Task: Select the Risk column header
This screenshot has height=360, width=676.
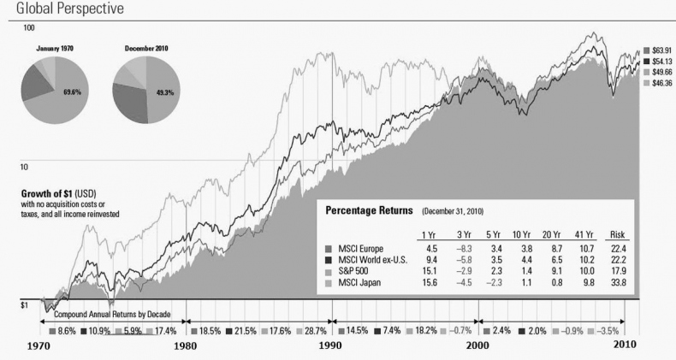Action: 615,235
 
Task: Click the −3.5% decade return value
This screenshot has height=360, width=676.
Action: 609,329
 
